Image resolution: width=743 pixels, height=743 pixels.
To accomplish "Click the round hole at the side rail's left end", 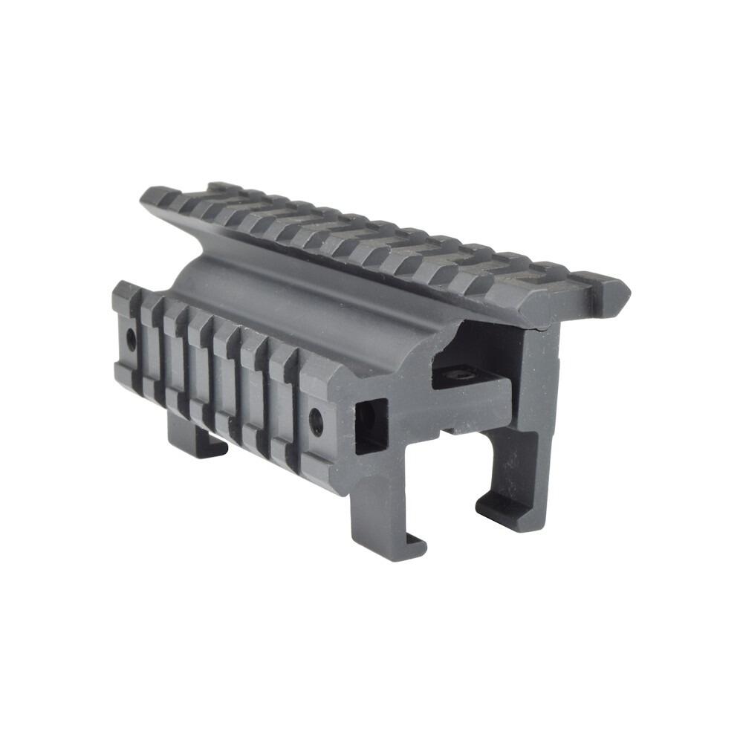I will tap(131, 341).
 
